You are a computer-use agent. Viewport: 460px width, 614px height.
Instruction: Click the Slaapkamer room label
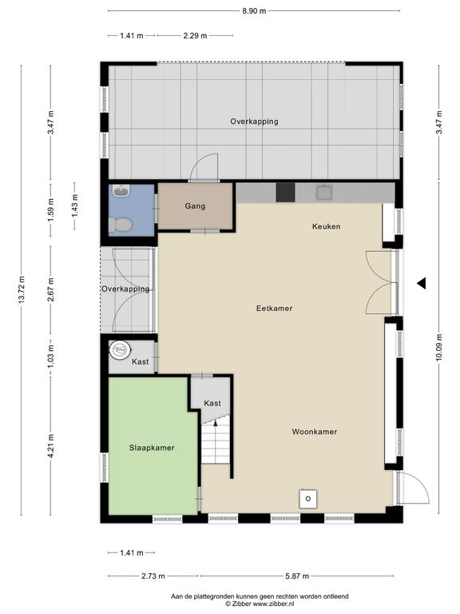[x=152, y=448]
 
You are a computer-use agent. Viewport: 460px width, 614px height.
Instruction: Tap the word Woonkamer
[x=315, y=432]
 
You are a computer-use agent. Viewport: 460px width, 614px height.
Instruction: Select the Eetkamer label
[x=274, y=308]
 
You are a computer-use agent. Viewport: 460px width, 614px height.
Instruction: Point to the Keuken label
[x=326, y=226]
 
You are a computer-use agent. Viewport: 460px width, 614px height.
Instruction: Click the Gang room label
[x=195, y=206]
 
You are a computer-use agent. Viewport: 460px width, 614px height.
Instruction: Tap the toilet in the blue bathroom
[x=120, y=225]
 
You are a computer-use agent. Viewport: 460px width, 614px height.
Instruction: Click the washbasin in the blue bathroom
[x=121, y=191]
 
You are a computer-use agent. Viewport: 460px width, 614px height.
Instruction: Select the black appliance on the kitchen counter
[x=286, y=192]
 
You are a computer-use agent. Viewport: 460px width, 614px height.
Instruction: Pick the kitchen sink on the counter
[x=324, y=192]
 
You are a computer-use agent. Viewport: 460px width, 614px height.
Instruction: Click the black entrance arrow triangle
[x=422, y=283]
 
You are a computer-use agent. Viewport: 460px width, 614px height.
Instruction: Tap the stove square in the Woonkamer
[x=308, y=499]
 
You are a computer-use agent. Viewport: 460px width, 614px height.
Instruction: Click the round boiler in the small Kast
[x=120, y=349]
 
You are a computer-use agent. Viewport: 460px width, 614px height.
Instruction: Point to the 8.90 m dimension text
[x=254, y=11]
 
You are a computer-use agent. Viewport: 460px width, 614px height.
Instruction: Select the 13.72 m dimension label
[x=21, y=289]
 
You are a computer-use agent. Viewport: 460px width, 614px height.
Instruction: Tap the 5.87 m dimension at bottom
[x=297, y=576]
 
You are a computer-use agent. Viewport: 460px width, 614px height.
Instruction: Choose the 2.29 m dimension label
[x=195, y=36]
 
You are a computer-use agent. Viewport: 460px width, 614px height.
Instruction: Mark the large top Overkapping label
[x=254, y=122]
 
